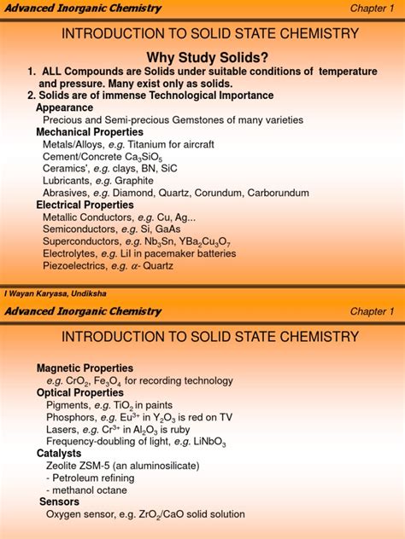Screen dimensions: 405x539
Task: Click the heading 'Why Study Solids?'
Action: (x=202, y=55)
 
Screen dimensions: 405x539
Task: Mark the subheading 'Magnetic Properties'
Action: (x=85, y=368)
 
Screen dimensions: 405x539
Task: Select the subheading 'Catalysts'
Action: (x=59, y=454)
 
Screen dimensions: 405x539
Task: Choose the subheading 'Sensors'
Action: (x=59, y=501)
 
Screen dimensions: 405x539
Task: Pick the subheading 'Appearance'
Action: (x=64, y=108)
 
